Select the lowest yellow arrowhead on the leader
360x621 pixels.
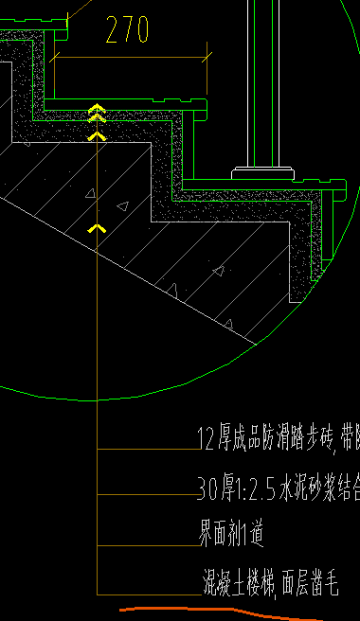pyautogui.click(x=96, y=228)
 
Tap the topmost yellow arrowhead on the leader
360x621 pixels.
pyautogui.click(x=96, y=107)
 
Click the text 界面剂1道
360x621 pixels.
pyautogui.click(x=229, y=534)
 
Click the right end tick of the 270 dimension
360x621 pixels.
pyautogui.click(x=205, y=59)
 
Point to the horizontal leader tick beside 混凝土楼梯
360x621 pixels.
pyautogui.click(x=147, y=594)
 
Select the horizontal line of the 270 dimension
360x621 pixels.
pyautogui.click(x=127, y=59)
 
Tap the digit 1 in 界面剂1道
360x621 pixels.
pyautogui.click(x=244, y=535)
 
